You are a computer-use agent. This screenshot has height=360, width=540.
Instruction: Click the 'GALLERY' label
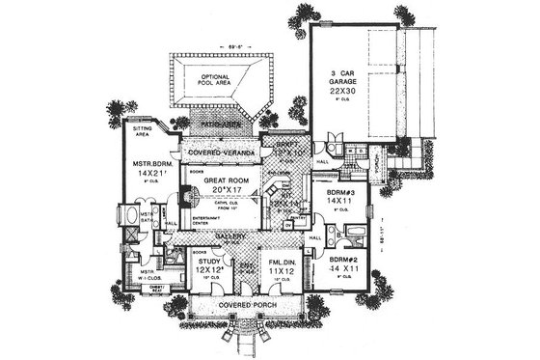(x=232, y=236)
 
